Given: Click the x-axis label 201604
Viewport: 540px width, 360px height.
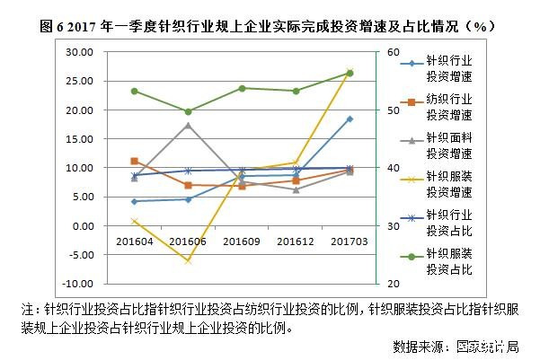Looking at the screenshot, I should tap(134, 242).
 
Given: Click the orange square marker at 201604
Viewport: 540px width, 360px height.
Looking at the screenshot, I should tap(134, 161).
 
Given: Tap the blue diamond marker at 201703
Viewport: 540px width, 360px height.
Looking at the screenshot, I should tap(350, 119).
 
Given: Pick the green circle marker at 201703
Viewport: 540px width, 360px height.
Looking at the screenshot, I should tap(350, 74).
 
